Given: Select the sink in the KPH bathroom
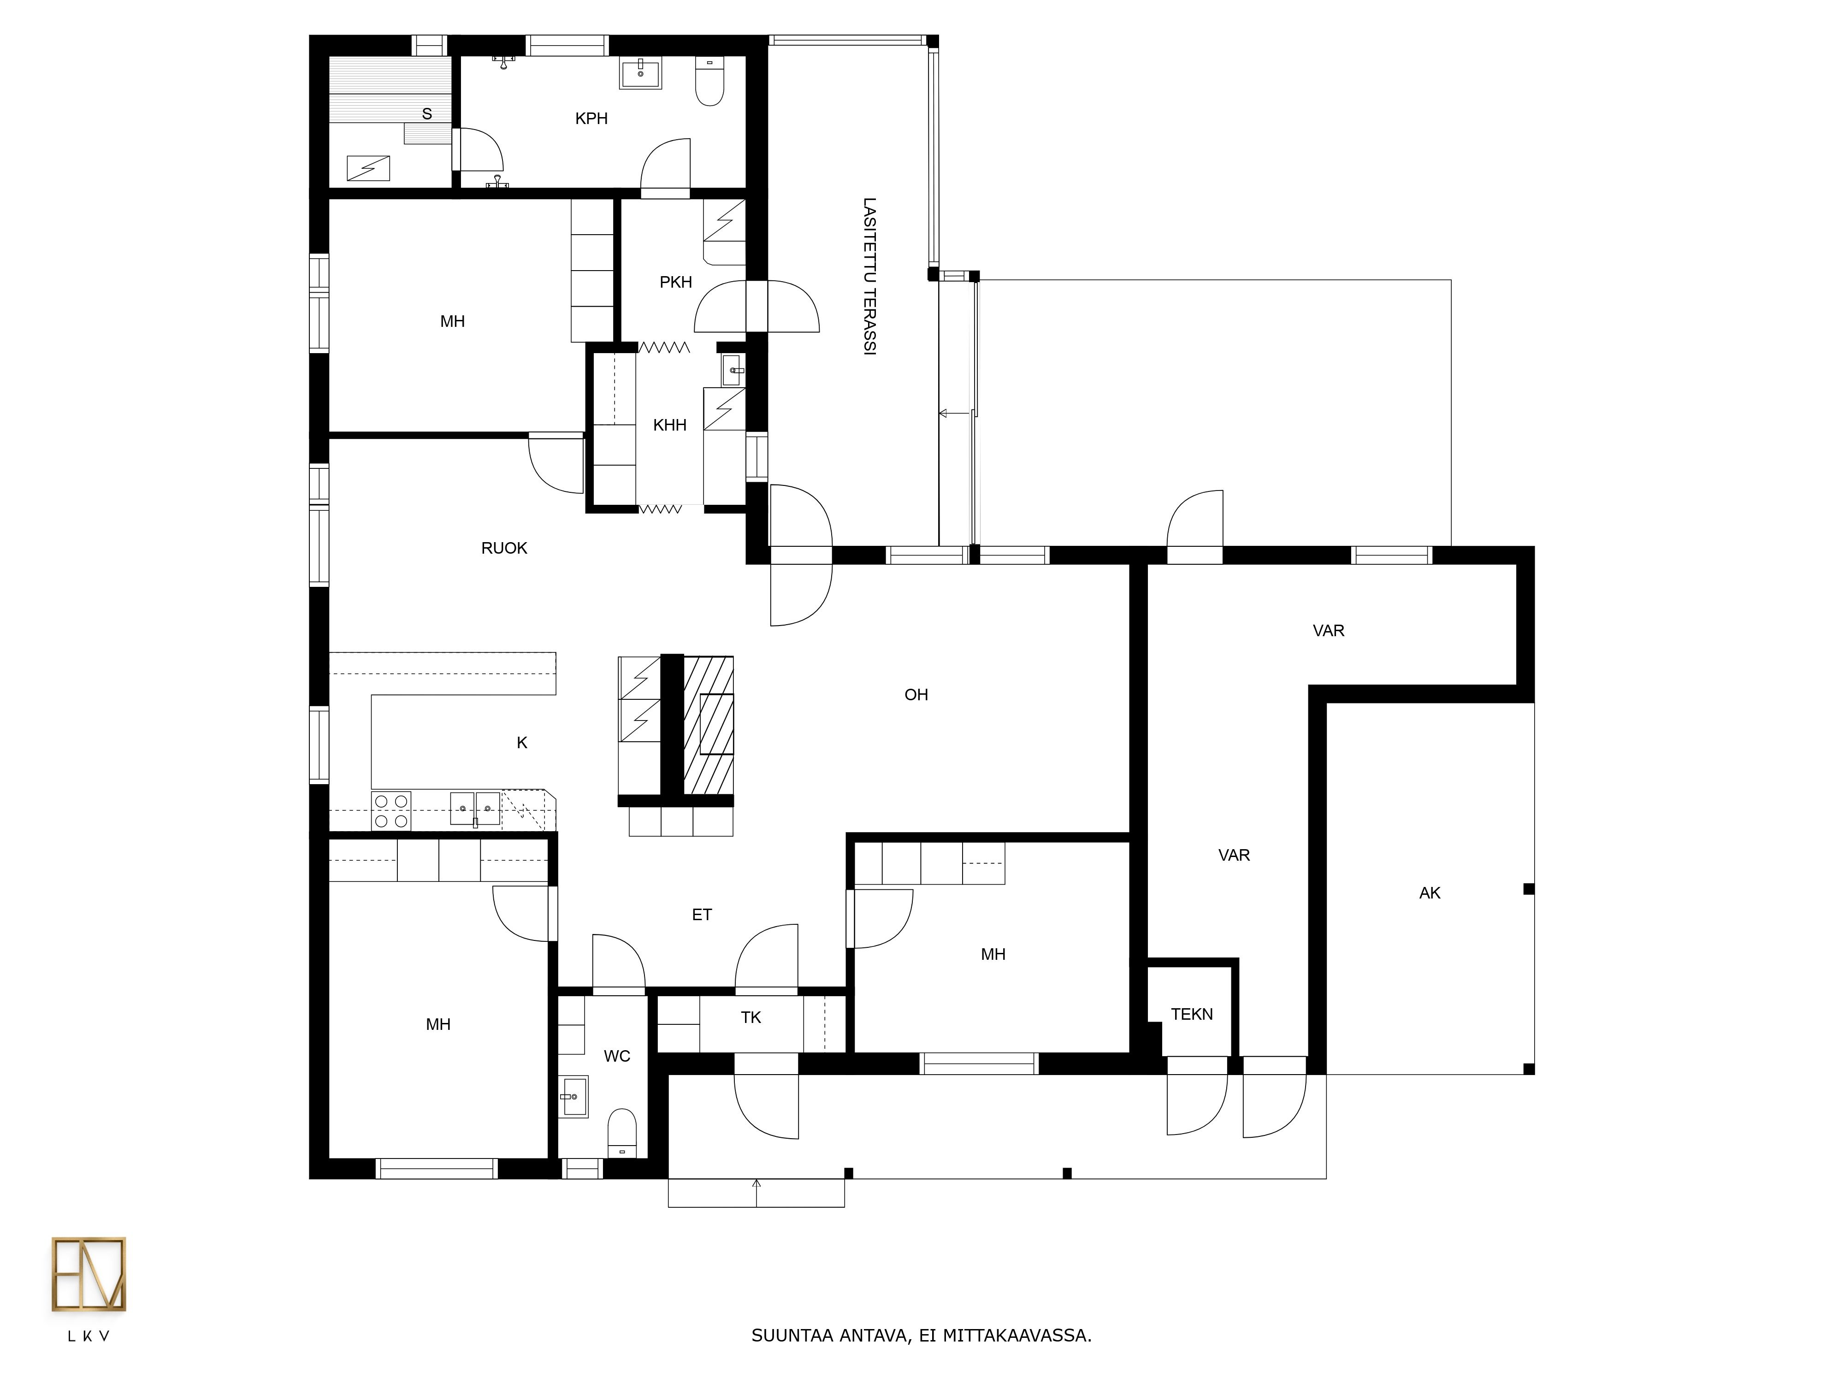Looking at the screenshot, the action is click(x=640, y=72).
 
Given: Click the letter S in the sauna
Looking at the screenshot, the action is click(x=427, y=114).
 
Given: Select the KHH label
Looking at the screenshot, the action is click(x=669, y=425).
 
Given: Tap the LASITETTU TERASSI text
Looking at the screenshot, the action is click(x=869, y=277).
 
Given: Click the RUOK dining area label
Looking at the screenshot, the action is click(x=504, y=548).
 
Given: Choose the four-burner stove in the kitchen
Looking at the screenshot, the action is click(x=391, y=811).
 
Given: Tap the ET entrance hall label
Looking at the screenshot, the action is click(x=702, y=915).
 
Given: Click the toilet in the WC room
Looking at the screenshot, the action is click(x=622, y=1132).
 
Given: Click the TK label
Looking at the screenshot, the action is click(x=751, y=1017).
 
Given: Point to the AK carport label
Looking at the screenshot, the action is click(x=1430, y=893).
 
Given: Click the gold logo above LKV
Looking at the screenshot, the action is click(x=89, y=1274).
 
